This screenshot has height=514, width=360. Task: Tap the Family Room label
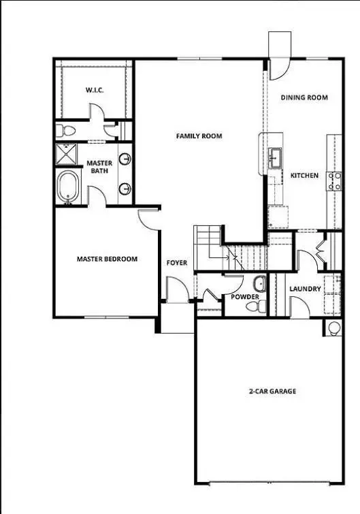click(199, 136)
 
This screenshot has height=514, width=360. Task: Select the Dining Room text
click(304, 97)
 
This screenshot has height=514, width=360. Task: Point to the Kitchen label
click(304, 176)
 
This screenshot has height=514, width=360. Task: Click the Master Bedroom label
click(107, 259)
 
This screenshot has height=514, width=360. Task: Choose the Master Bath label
click(99, 167)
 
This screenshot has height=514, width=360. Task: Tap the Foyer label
click(176, 262)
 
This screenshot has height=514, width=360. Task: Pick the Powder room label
click(244, 298)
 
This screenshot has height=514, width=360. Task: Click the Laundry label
click(304, 289)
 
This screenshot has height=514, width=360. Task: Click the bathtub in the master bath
click(69, 187)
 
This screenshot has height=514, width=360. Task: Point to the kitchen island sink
click(275, 159)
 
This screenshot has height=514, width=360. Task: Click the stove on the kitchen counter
click(334, 180)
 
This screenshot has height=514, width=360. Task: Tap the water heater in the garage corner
click(333, 329)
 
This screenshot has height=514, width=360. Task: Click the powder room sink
click(259, 283)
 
